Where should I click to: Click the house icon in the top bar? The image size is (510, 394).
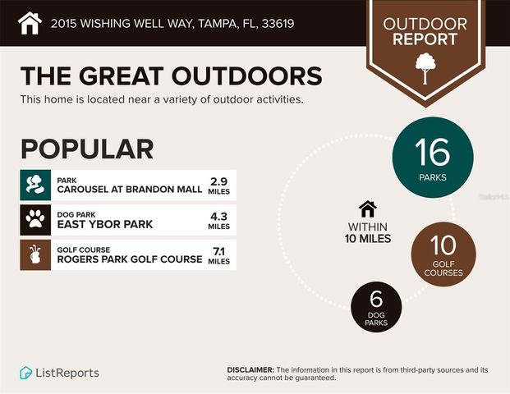tap(29, 22)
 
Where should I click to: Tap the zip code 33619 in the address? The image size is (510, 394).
tap(276, 23)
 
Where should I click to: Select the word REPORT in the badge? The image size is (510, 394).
tap(425, 39)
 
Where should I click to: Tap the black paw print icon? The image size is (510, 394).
tap(34, 220)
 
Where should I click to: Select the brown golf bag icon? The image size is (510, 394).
tap(34, 254)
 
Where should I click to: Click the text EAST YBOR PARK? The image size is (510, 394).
tap(104, 224)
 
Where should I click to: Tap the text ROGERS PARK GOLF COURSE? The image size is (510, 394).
tap(129, 259)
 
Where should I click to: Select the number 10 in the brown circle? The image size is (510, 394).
tap(443, 247)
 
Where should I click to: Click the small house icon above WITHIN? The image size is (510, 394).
tap(368, 209)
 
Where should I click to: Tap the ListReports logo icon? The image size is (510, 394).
tap(26, 373)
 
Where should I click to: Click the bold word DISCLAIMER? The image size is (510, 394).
tap(250, 370)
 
